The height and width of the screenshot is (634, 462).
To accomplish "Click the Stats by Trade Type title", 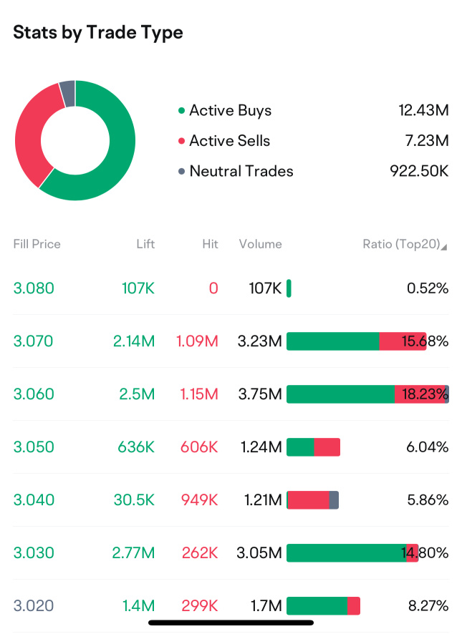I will [98, 33].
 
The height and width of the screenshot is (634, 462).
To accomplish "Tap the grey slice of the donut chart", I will [67, 93].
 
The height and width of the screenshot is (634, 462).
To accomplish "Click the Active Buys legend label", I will [230, 110].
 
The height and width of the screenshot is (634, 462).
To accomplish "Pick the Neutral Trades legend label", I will [241, 172].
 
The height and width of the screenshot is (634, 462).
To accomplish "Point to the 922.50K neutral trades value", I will [419, 172].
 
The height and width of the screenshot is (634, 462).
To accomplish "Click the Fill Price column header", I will [37, 244].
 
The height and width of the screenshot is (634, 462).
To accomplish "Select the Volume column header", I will [261, 244].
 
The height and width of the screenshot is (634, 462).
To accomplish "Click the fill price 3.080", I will [34, 288].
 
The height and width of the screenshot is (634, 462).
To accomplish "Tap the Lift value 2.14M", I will [134, 341].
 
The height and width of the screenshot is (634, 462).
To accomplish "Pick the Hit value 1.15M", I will [197, 394].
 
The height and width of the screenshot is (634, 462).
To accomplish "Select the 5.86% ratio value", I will [428, 500].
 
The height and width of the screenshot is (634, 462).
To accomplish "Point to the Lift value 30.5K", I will [134, 500].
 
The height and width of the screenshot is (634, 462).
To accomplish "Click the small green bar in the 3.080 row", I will [289, 288].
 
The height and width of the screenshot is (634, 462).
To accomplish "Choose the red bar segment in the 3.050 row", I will [327, 447].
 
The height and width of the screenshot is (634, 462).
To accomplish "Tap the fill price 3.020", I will [34, 606].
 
